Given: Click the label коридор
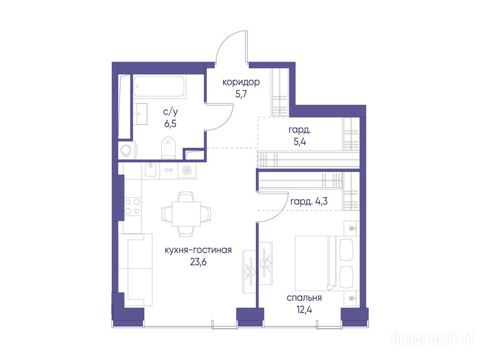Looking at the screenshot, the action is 241,82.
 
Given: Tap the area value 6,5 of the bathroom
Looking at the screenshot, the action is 170,124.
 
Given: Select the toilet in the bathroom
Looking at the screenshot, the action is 168,148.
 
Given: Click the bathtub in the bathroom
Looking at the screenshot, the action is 159,87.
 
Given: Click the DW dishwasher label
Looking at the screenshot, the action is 169,170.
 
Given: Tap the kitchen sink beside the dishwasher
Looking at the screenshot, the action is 150,170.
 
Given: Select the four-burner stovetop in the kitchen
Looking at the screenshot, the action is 132,206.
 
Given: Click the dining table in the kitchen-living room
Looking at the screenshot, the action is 186,214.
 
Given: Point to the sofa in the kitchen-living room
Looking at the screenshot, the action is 135,270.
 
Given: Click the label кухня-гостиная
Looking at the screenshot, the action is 198,250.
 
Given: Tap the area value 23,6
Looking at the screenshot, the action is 198,262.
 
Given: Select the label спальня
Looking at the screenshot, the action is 304,298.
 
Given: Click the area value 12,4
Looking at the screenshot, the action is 304,310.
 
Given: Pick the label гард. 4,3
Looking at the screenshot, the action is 309,202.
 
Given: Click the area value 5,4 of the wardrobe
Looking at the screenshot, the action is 300,142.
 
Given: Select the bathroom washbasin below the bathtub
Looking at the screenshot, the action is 140,114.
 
